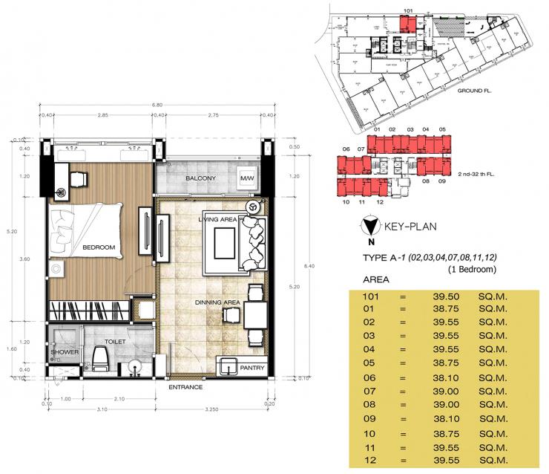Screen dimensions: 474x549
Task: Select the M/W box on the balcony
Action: coord(246,179)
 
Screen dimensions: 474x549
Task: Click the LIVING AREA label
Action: coord(217,220)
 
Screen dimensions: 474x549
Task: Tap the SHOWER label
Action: coord(65,352)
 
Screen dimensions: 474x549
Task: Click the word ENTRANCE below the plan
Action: coord(186,388)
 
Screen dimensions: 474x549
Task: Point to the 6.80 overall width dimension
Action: coord(157,105)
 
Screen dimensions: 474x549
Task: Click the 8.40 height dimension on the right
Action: coord(297,263)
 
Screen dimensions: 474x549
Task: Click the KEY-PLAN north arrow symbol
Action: coord(369,226)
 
